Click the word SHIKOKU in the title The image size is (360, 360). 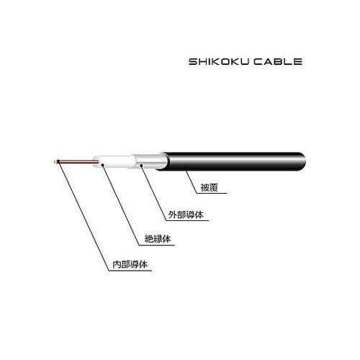point(219,62)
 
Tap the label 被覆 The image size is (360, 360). point(210,187)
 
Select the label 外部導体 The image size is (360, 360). point(186,215)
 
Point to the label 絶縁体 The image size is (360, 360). point(158,239)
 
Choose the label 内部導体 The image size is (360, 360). point(130,264)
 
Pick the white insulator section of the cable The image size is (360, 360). point(114,161)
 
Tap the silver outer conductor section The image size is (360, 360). point(150,161)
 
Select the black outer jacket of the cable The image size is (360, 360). point(232,161)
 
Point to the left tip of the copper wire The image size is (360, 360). point(55,162)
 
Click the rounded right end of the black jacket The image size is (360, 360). point(304,161)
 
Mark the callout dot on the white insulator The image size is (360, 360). point(103,164)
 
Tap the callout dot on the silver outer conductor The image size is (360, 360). point(141,165)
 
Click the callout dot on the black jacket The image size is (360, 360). point(185,168)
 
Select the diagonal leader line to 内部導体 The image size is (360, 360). point(84,217)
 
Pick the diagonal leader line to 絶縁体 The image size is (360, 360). point(121,204)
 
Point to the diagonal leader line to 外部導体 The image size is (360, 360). point(153,192)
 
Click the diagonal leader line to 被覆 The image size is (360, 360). point(191,181)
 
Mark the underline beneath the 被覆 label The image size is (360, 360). point(212,193)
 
